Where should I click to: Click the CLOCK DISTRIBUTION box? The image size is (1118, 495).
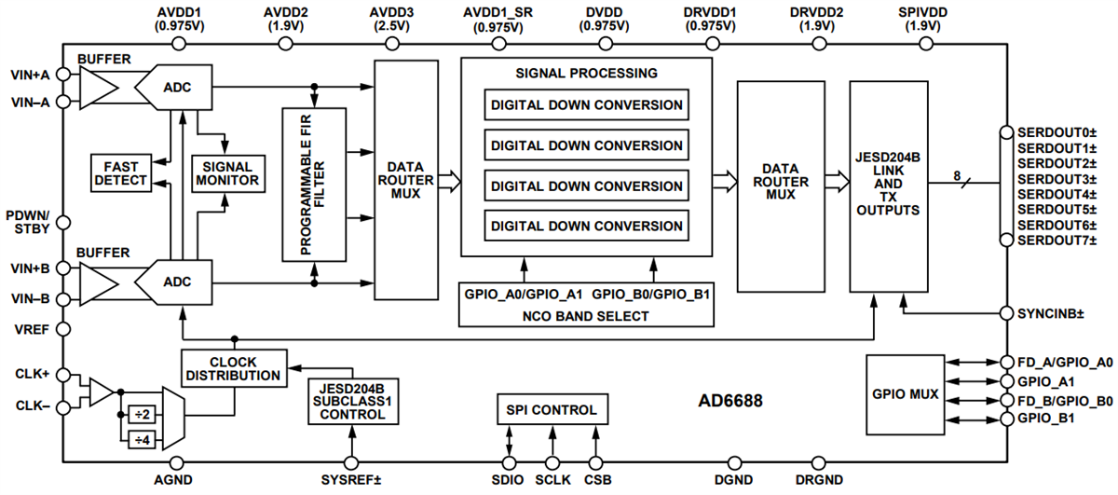coord(232,368)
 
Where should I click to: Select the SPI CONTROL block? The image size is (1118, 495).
coord(552,408)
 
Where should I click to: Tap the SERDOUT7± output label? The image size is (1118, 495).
coord(1057,241)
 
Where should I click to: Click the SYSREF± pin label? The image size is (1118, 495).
coord(351,480)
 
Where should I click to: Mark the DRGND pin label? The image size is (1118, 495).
coord(819,480)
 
